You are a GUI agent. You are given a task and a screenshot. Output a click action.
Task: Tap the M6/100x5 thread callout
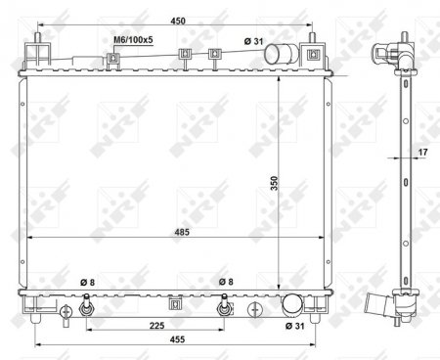click(x=132, y=40)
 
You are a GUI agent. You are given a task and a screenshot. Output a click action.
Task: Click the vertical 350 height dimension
click(x=288, y=183)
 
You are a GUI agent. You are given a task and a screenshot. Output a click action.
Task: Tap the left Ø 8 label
click(x=87, y=283)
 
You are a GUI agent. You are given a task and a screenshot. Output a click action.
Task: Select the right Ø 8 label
click(x=225, y=283)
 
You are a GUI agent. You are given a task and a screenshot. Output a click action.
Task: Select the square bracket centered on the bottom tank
click(x=176, y=303)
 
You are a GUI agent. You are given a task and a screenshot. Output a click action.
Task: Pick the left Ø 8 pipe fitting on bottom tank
click(x=87, y=308)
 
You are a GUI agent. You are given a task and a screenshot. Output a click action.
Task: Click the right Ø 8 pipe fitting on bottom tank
click(x=224, y=308)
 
